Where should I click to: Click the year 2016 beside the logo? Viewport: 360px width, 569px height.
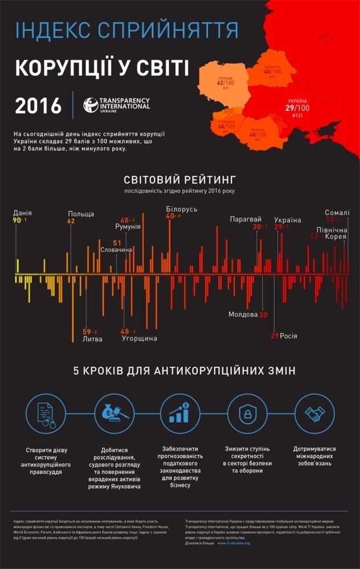(x=38, y=105)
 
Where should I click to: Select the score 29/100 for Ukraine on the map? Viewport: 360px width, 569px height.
(x=296, y=108)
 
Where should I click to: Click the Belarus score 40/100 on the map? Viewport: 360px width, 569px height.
(x=272, y=72)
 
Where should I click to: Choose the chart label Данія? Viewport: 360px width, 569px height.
(x=22, y=213)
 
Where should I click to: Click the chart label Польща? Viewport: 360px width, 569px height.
(x=80, y=213)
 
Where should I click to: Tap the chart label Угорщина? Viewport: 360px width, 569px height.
(x=140, y=338)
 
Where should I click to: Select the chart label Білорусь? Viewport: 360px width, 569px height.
(x=181, y=209)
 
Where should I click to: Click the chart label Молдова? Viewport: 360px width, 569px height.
(x=243, y=314)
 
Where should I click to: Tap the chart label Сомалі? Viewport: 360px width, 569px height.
(x=337, y=212)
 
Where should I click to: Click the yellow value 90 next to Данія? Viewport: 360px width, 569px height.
(x=17, y=220)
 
